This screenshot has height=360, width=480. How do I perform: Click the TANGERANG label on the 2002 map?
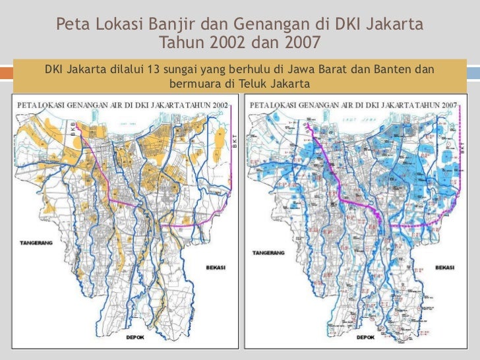(x=31, y=252)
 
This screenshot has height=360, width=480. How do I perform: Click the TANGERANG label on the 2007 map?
(x=267, y=253)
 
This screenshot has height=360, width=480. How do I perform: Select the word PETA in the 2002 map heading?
(x=27, y=105)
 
